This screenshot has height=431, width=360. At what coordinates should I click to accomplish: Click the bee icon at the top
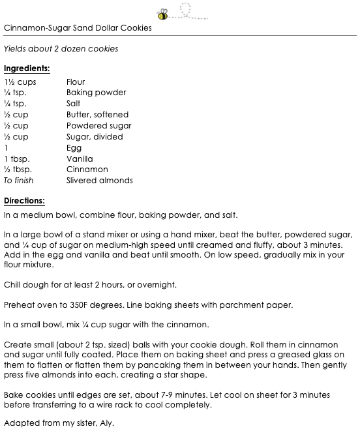(x=162, y=13)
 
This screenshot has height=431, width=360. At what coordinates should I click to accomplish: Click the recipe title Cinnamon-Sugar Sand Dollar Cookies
(x=78, y=28)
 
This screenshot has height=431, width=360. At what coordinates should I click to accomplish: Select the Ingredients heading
(x=27, y=68)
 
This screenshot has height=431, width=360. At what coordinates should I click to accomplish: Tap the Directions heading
(x=24, y=200)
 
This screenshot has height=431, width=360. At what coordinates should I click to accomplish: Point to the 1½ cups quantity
(x=20, y=82)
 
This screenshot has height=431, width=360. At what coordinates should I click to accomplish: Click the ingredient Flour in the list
(x=76, y=82)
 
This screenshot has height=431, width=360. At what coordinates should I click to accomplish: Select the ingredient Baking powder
(x=96, y=93)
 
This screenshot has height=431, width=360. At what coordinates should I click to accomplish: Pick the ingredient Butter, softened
(x=97, y=115)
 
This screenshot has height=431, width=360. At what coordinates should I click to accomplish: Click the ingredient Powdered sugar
(x=98, y=126)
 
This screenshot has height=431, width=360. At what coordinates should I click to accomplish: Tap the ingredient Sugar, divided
(x=95, y=137)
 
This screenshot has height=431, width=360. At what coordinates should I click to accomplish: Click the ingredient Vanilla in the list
(x=80, y=159)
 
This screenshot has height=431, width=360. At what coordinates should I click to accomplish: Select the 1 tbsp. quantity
(x=17, y=159)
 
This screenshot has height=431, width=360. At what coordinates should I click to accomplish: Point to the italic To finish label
(x=18, y=181)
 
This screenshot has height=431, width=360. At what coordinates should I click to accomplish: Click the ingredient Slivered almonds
(x=99, y=181)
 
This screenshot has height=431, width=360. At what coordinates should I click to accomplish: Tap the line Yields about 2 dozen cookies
(x=61, y=49)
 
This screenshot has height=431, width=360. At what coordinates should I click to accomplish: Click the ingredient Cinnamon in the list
(x=87, y=170)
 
